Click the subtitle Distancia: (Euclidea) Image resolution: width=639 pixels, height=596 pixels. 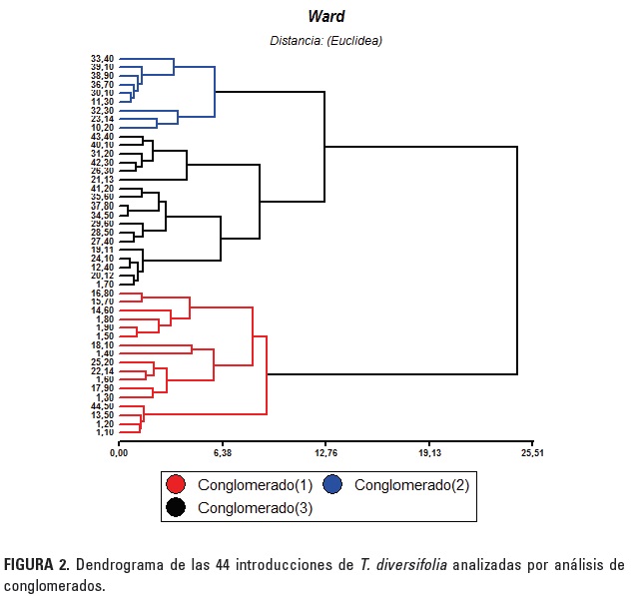pos(325,41)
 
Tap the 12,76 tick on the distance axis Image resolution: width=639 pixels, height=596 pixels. pos(325,453)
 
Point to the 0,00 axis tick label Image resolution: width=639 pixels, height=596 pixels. pos(118,453)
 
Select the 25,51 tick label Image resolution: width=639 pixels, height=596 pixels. pos(533,453)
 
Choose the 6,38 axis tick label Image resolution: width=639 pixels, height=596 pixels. pos(222,453)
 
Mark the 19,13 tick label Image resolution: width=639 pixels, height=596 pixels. pos(429,453)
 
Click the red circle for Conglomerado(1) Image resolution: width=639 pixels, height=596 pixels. pos(176,484)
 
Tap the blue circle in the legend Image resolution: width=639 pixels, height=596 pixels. pos(332,484)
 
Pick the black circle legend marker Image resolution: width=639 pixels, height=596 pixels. pos(176,507)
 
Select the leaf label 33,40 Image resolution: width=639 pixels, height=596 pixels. pos(102,58)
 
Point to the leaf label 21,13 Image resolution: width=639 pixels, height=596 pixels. pos(102,180)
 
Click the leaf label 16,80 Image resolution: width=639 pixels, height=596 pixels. pos(102,293)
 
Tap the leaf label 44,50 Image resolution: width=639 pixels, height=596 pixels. pos(102,406)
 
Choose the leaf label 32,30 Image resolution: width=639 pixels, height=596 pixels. pos(102,110)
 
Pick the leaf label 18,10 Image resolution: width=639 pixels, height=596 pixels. pos(102,344)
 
